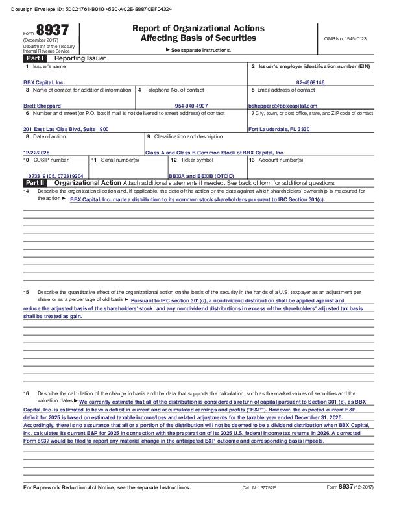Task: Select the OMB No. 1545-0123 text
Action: tap(345, 39)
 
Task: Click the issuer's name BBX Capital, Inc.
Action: tap(44, 83)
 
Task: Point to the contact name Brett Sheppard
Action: tap(42, 105)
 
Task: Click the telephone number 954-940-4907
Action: tap(191, 105)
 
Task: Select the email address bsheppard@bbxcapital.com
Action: tap(283, 105)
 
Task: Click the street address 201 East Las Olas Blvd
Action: tap(66, 129)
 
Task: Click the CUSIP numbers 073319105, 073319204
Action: tap(56, 176)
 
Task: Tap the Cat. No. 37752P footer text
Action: tap(256, 504)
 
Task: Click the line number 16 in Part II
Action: tap(26, 394)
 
